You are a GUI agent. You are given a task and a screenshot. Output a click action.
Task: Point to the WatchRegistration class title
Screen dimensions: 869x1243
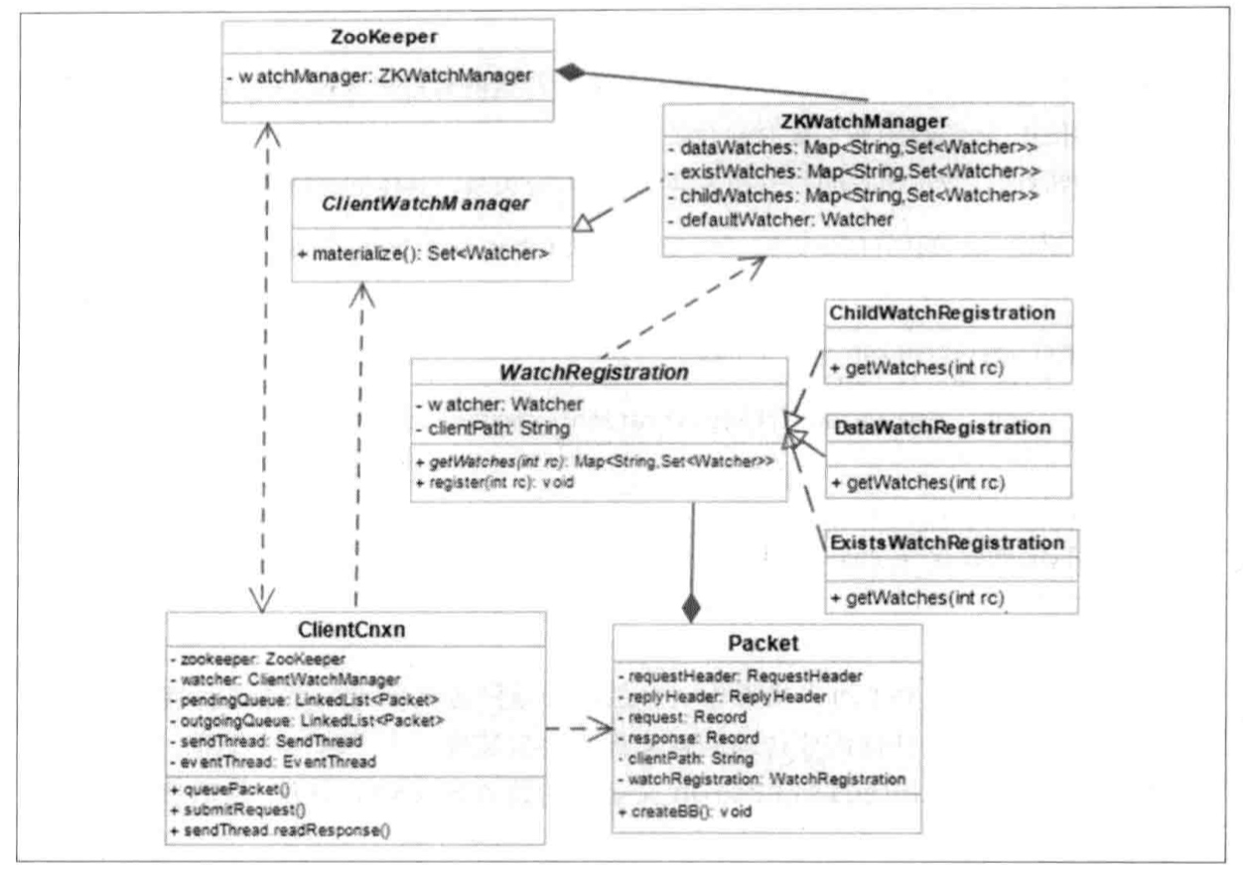click(x=596, y=375)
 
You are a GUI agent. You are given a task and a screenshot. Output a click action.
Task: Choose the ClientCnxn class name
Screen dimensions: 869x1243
click(x=353, y=630)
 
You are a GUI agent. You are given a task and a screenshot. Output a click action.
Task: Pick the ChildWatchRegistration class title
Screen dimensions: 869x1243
click(x=940, y=313)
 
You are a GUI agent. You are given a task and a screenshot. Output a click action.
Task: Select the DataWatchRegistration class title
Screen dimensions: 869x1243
click(x=940, y=429)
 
